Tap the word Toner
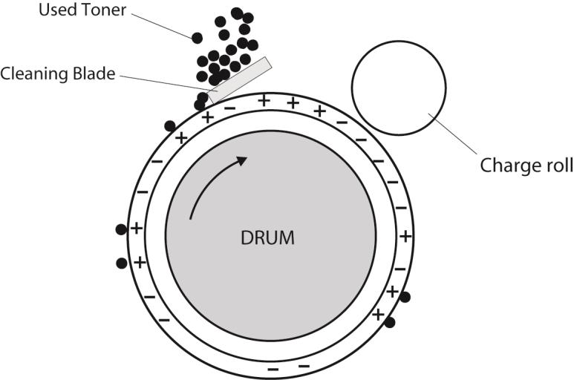click(x=104, y=10)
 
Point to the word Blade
click(x=94, y=73)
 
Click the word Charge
click(x=505, y=166)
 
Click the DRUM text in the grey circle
click(x=267, y=237)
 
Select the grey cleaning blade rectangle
click(x=239, y=79)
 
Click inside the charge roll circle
click(x=399, y=88)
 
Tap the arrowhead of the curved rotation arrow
click(x=241, y=161)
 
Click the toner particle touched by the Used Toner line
click(x=197, y=38)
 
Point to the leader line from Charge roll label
click(x=453, y=134)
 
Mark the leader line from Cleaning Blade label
click(x=167, y=83)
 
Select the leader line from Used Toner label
click(x=161, y=26)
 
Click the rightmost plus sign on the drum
click(x=405, y=237)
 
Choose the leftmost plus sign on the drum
click(x=137, y=229)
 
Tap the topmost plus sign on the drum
click(x=264, y=100)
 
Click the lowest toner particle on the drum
click(x=390, y=323)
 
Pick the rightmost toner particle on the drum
click(x=405, y=297)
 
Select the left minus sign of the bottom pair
click(x=273, y=370)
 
